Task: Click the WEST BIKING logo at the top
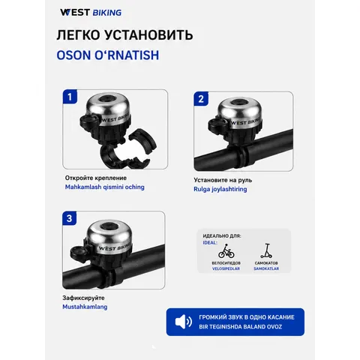pos(91,13)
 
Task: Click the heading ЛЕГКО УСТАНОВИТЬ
pos(124,34)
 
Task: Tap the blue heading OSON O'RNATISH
pos(108,55)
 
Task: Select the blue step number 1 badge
pos(70,97)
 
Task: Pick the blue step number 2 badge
pos(201,99)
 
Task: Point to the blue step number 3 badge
pos(70,218)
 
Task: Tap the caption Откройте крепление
pos(96,178)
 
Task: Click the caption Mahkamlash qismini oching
pos(105,187)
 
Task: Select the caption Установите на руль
pos(223,180)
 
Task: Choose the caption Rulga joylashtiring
pos(220,189)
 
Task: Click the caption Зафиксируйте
pos(83,298)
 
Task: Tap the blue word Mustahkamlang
pos(85,307)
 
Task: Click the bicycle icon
pos(226,251)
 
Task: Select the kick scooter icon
pos(266,250)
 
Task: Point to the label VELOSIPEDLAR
pos(226,268)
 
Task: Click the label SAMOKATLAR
pos(266,268)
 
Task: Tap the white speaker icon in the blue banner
pos(184,322)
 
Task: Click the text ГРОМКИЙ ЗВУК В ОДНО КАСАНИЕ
pos(247,317)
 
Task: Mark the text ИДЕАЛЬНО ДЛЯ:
pos(222,235)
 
